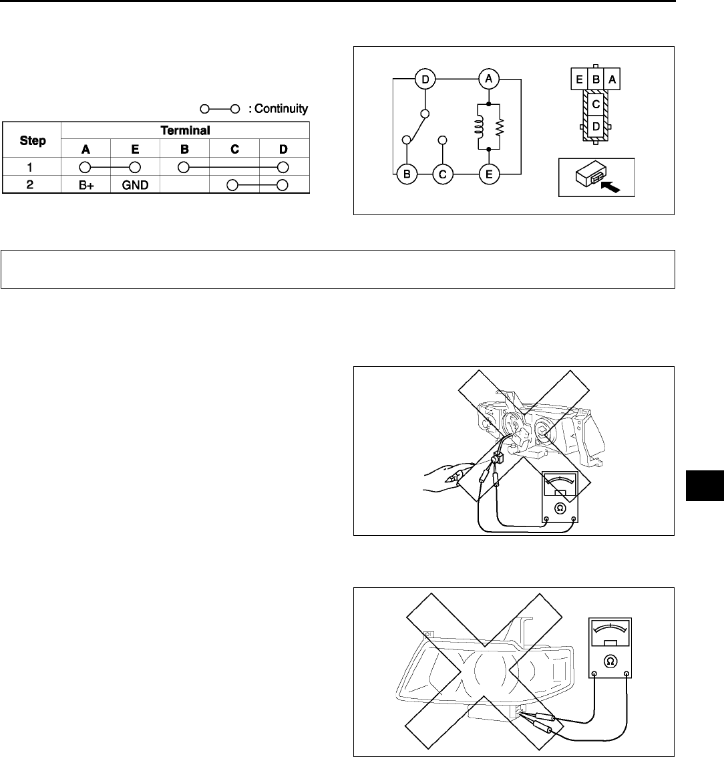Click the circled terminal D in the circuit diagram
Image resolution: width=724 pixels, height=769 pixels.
click(425, 80)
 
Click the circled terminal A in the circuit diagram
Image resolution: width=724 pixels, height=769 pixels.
click(489, 80)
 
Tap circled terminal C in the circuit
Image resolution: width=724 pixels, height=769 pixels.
click(441, 176)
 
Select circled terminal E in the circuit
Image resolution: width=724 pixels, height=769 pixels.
click(489, 176)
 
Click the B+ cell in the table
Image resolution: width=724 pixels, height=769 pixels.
click(86, 185)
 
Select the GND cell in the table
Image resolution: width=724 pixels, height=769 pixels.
click(135, 185)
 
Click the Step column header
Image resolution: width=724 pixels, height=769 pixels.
click(33, 140)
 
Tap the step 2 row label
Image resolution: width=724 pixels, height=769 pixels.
click(30, 185)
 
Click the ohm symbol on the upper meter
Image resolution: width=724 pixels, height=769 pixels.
click(560, 508)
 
